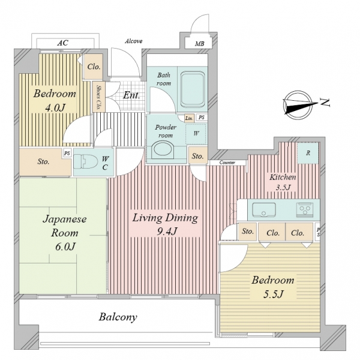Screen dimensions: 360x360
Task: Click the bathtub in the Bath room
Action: click(x=192, y=89)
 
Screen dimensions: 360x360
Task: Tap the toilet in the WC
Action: click(x=86, y=161)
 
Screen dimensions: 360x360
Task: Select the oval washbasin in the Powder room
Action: click(x=163, y=149)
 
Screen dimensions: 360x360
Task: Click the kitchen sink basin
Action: click(x=264, y=210)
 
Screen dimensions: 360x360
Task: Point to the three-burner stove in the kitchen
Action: click(x=304, y=209)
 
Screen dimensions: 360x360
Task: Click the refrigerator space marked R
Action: click(x=308, y=153)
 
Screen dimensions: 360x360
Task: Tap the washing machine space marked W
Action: click(x=196, y=134)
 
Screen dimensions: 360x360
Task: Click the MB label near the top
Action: click(x=200, y=43)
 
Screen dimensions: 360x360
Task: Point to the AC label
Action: click(x=62, y=43)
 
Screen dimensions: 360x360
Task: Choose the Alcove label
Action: click(x=134, y=41)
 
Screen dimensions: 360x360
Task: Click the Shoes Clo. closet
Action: click(x=99, y=97)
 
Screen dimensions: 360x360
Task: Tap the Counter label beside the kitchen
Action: click(x=227, y=163)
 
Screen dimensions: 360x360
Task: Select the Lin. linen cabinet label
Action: click(x=189, y=118)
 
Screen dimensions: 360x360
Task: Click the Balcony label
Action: click(x=118, y=317)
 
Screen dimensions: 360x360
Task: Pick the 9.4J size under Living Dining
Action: click(x=167, y=232)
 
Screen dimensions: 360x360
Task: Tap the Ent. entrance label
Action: click(x=131, y=95)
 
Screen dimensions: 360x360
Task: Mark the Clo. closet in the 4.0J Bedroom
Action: click(x=94, y=67)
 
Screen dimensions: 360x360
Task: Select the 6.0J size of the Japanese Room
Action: click(x=65, y=247)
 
